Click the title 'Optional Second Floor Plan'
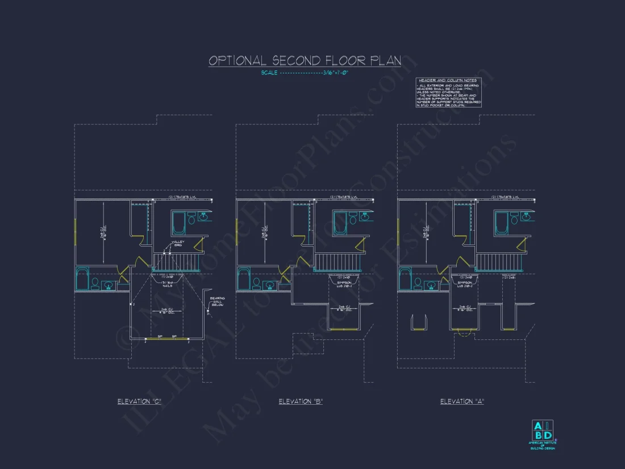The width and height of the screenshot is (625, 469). pyautogui.click(x=305, y=61)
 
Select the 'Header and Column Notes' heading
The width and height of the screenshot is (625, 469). pyautogui.click(x=447, y=81)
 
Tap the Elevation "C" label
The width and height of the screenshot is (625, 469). pyautogui.click(x=139, y=401)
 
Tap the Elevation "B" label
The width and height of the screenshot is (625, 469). pyautogui.click(x=301, y=401)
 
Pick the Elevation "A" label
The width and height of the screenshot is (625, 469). pyautogui.click(x=462, y=401)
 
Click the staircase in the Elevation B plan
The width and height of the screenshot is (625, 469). pyautogui.click(x=339, y=262)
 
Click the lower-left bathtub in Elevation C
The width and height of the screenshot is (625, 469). pyautogui.click(x=82, y=279)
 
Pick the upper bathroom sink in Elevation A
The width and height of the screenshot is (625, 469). pyautogui.click(x=526, y=217)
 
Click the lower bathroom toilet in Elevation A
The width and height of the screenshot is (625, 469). pyautogui.click(x=418, y=283)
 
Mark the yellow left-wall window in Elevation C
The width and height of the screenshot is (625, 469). pyautogui.click(x=75, y=232)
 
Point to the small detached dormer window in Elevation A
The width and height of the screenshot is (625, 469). pyautogui.click(x=419, y=322)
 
